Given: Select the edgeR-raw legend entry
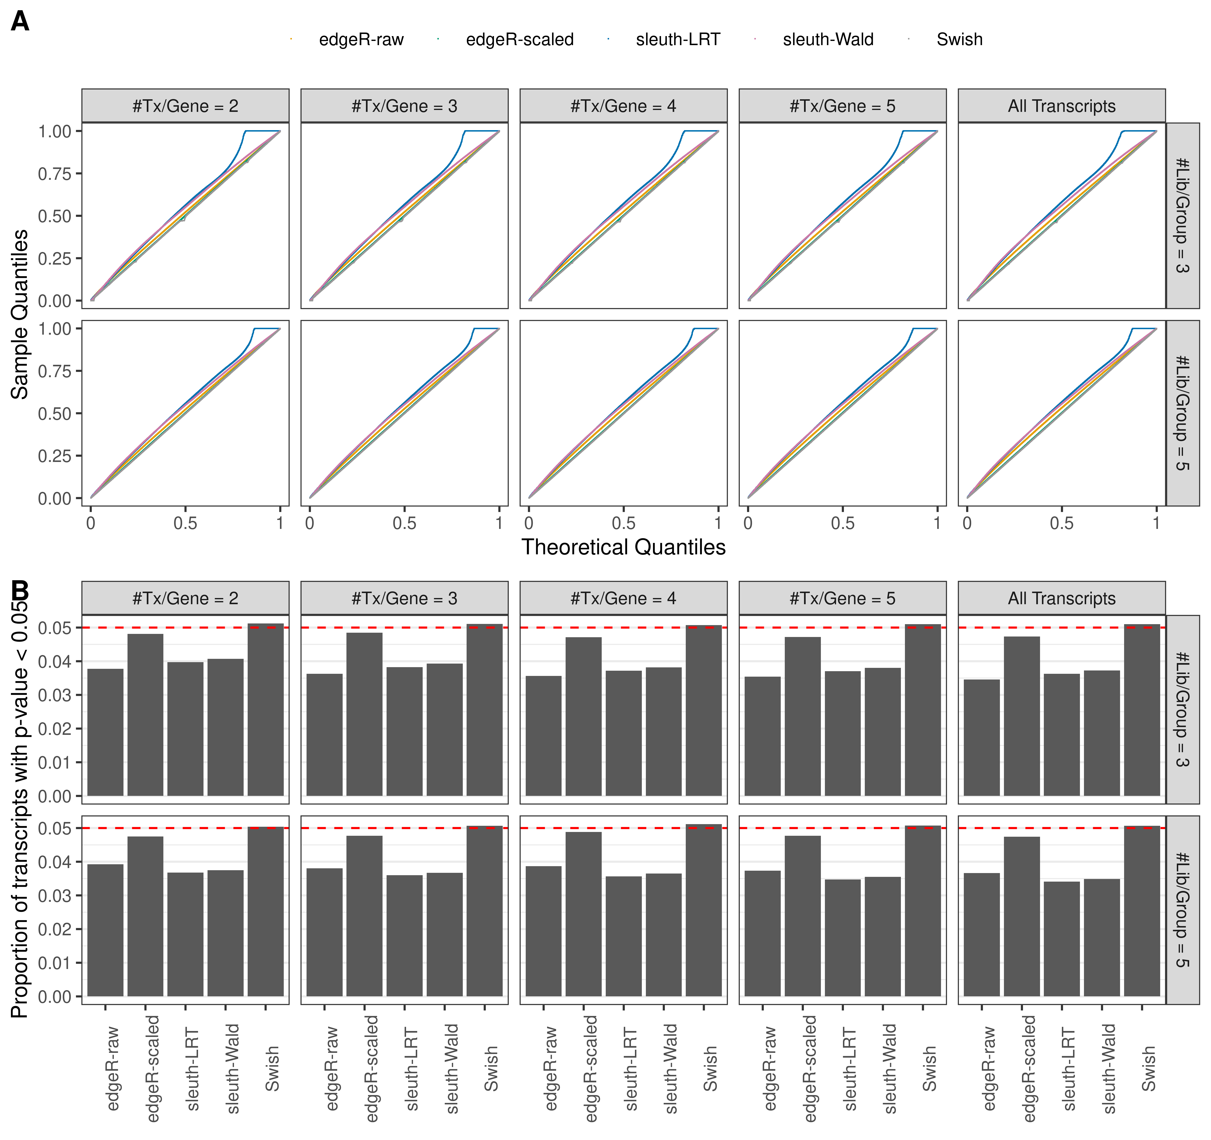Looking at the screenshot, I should coord(361,40).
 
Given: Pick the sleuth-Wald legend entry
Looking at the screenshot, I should coord(827,40).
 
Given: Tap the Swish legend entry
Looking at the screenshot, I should coord(959,40).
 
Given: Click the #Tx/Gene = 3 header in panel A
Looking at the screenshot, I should coord(404,106).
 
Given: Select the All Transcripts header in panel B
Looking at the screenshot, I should coord(1061,598).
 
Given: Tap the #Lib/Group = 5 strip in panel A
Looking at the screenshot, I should coord(1182,413).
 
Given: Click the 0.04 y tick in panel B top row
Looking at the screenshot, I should coord(55,662).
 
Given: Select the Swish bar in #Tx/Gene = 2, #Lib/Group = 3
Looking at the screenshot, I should coord(266,710).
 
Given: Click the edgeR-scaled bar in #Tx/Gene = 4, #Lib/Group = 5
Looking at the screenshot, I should coord(583,914).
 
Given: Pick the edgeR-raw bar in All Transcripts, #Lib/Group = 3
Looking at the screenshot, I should coord(981,737).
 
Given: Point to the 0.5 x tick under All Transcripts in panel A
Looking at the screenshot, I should coord(1061,523).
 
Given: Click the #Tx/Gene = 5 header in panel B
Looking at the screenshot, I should coord(842,598).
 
